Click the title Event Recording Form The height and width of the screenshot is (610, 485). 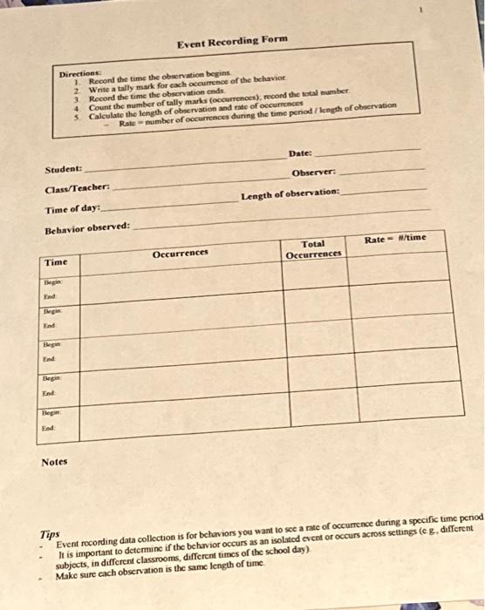(231, 41)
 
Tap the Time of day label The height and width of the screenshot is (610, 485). (73, 210)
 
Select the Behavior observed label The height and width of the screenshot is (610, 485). (87, 228)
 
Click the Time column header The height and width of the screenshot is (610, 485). (57, 261)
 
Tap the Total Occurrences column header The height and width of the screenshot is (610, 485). (313, 250)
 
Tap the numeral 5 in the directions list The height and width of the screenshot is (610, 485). (77, 117)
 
